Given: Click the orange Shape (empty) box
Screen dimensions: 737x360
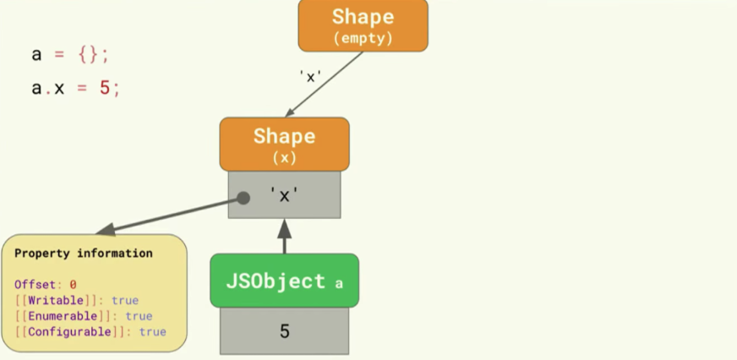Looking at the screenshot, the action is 363,25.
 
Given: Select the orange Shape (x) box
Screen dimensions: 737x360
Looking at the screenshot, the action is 284,145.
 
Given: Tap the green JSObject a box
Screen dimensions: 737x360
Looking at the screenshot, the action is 284,281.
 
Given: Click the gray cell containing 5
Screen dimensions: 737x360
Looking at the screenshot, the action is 284,331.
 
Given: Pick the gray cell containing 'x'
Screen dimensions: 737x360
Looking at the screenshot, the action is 284,194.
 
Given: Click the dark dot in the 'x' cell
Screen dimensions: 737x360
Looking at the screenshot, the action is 243,198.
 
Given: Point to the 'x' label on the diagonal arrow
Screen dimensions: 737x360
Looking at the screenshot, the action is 310,76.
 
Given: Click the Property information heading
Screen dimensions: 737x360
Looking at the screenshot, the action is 84,254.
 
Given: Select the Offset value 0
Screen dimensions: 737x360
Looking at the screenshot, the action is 73,285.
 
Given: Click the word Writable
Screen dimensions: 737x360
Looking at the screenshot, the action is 56,300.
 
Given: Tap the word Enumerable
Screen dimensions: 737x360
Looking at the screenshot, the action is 63,316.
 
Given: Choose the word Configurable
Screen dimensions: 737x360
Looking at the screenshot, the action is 69,332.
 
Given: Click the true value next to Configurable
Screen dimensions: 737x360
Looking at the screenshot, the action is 153,332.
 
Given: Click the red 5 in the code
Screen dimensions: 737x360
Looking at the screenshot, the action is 104,87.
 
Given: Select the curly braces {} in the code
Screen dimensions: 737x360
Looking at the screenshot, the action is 88,55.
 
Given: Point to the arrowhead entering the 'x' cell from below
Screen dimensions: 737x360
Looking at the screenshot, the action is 284,228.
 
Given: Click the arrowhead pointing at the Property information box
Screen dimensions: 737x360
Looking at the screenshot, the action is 106,229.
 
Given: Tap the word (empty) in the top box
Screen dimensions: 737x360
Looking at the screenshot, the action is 363,38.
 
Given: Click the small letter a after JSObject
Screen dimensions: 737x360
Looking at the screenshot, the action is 339,283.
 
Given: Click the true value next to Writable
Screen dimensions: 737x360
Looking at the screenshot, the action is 125,300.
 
